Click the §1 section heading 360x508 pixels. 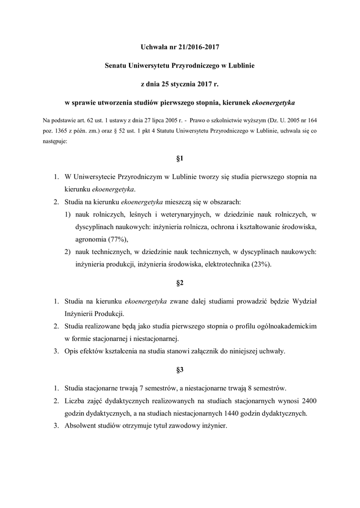pyautogui.click(x=180, y=159)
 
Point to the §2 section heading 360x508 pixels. pyautogui.click(x=180, y=283)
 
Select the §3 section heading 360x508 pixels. pyautogui.click(x=180, y=370)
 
